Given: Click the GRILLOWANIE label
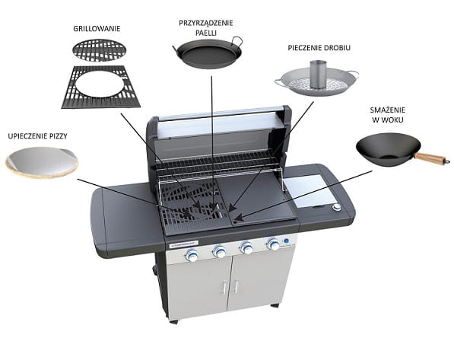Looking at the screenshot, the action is (97, 29).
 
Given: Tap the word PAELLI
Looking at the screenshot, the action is (206, 33).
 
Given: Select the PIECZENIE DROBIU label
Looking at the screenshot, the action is (319, 48).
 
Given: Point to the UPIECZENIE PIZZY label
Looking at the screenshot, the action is (37, 136).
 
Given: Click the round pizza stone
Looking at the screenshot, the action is (43, 162).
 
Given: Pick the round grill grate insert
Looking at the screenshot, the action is (100, 50).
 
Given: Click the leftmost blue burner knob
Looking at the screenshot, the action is (192, 255).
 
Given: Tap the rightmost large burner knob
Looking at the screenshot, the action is (273, 244).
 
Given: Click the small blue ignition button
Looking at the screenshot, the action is (287, 241).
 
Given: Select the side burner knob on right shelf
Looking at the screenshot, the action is (337, 207).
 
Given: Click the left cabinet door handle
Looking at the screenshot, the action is (224, 287).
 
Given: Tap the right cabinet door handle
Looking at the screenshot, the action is (236, 285).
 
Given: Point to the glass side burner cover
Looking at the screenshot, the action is (308, 190).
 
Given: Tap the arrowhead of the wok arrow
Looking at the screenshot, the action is (237, 217).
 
